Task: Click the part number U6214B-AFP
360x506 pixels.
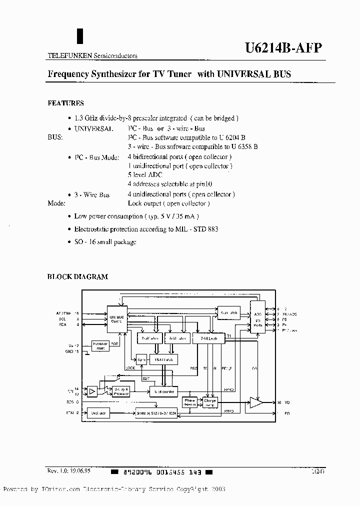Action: tap(283, 48)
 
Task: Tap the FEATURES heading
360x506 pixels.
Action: tap(65, 103)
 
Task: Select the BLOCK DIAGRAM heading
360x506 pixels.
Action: tap(77, 276)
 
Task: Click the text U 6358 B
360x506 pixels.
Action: tap(244, 146)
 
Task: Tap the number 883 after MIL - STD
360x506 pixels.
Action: tap(212, 229)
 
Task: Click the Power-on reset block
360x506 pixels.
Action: tap(100, 345)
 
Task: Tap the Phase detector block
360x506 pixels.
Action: tap(190, 402)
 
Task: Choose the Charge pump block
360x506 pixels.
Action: tap(209, 402)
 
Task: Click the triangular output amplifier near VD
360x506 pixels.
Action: tap(256, 402)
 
